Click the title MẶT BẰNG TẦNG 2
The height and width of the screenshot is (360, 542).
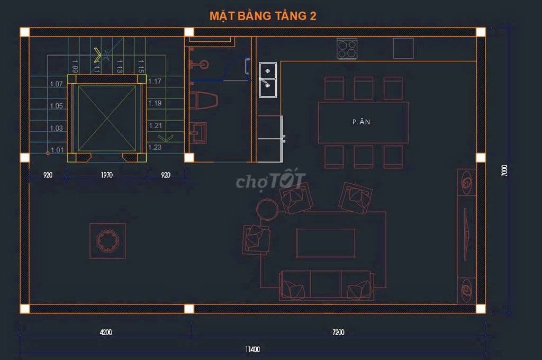tap(263, 15)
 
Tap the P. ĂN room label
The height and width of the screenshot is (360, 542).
tap(362, 122)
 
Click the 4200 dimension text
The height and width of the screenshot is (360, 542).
tap(106, 332)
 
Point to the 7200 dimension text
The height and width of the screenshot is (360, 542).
tap(338, 332)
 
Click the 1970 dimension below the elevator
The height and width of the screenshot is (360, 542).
tap(107, 175)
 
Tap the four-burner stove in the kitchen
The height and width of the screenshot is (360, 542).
tap(347, 49)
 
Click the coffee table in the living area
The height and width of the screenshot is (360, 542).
tap(326, 243)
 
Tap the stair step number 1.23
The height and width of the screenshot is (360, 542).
tap(155, 148)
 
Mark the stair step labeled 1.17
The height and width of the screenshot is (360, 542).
tap(155, 82)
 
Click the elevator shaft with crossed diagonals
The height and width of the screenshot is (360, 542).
tap(107, 118)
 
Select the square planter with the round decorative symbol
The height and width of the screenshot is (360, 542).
tap(107, 241)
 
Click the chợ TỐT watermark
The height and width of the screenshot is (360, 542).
tap(270, 181)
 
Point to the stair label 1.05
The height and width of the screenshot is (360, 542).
tap(56, 106)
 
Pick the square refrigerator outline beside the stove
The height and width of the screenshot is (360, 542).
tap(403, 48)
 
